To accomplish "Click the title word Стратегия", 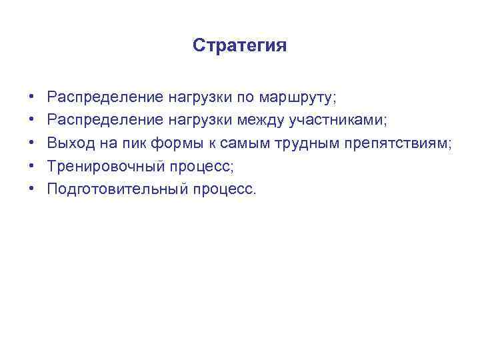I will (x=239, y=46).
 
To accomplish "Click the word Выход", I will (x=68, y=143).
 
